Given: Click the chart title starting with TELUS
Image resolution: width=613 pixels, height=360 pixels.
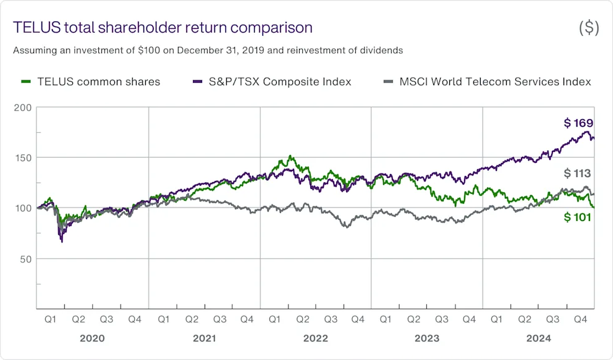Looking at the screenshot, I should click(x=162, y=28).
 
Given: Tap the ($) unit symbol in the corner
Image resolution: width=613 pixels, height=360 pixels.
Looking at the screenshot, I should click(x=588, y=28).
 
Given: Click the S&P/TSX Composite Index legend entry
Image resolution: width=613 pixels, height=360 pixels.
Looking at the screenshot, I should click(x=273, y=82).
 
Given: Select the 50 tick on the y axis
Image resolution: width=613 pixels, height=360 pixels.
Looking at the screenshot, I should click(x=25, y=259).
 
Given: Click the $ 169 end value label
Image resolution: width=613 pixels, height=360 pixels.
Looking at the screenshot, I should click(x=578, y=123).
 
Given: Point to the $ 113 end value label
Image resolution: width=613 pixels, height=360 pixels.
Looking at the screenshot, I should click(x=578, y=174).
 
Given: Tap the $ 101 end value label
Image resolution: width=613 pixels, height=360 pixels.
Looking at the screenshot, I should click(x=578, y=217).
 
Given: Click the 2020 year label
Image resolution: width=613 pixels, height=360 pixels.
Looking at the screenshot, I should click(x=92, y=338).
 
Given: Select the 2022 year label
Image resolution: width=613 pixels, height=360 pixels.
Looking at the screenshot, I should click(x=315, y=338).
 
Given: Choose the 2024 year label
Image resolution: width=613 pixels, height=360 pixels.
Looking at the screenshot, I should click(x=538, y=338).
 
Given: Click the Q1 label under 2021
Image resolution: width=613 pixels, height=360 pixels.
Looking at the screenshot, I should click(x=164, y=320).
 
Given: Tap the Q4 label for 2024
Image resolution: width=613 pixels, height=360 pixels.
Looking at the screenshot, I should click(x=580, y=320).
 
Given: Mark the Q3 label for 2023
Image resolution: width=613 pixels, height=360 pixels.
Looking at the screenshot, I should click(x=441, y=320).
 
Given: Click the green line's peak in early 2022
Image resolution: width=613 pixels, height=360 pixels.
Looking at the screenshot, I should click(x=290, y=156).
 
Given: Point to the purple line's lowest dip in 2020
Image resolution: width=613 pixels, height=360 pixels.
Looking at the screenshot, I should click(x=61, y=241).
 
